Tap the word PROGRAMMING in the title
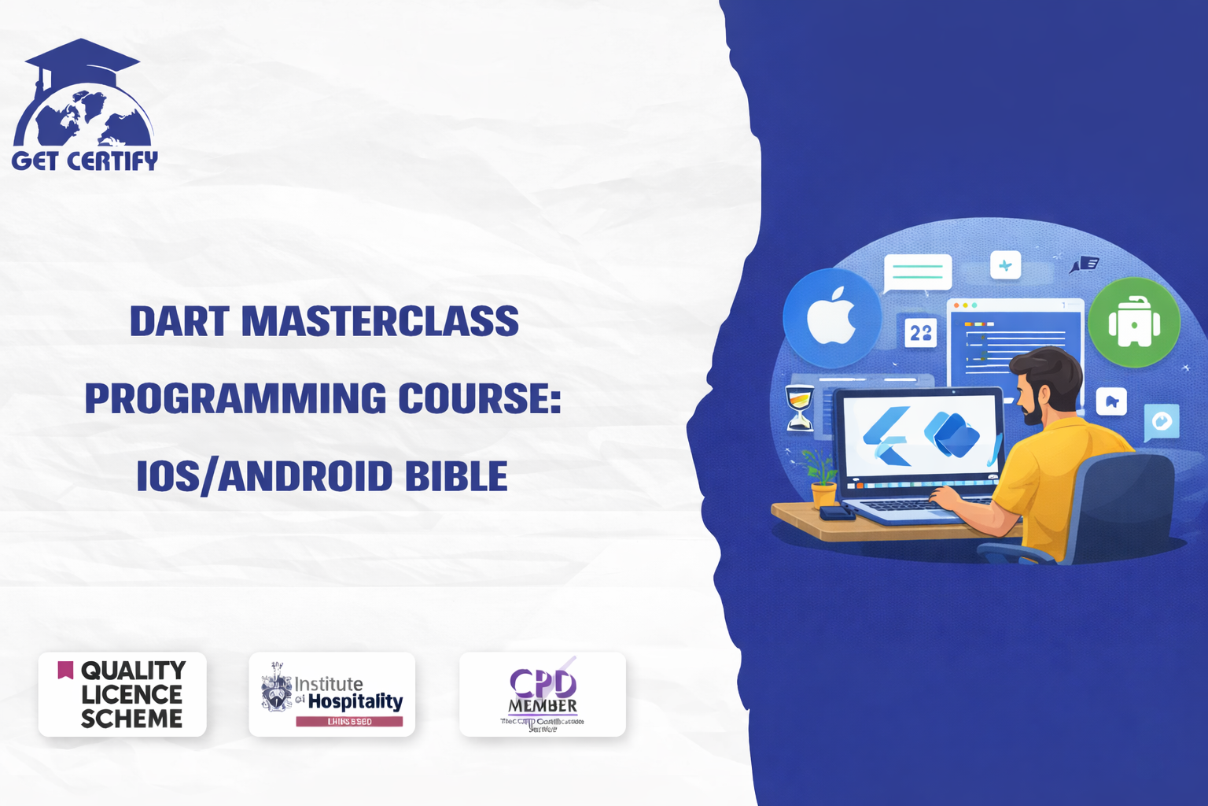(x=235, y=399)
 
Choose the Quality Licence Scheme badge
(x=122, y=694)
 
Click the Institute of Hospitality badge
(x=332, y=694)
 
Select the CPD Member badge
(x=543, y=694)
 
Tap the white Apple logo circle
(x=831, y=317)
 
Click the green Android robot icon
(x=1133, y=323)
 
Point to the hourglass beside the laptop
(x=800, y=407)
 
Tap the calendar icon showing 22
(x=920, y=333)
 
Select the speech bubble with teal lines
(x=918, y=272)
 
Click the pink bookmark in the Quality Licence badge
(x=65, y=670)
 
